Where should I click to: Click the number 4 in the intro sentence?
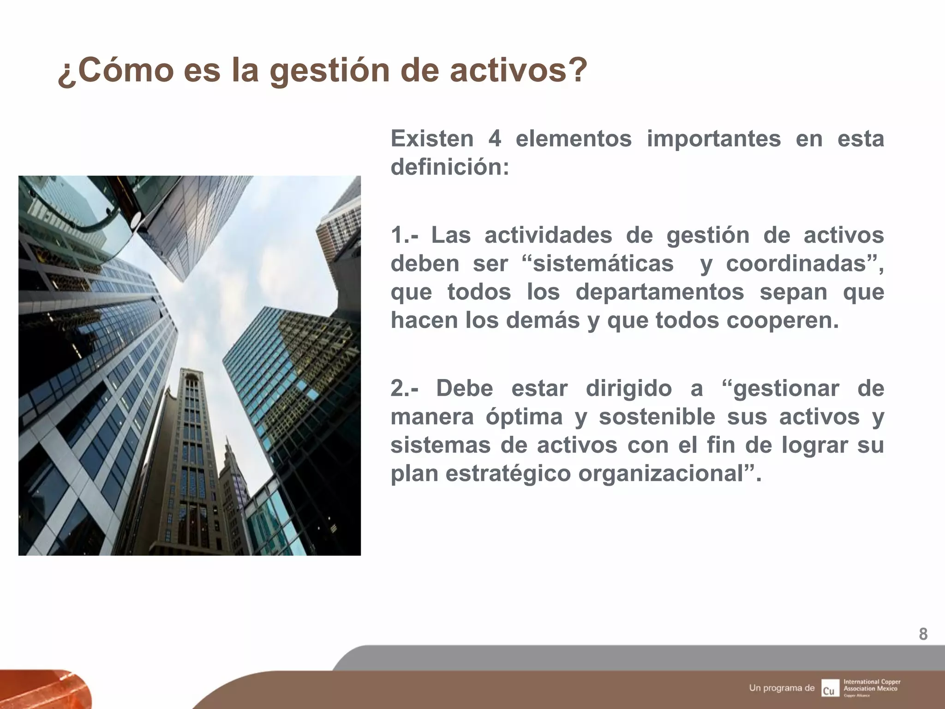click(495, 138)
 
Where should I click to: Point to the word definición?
click(450, 167)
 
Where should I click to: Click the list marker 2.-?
click(405, 388)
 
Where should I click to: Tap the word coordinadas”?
click(805, 264)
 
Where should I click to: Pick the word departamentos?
click(659, 292)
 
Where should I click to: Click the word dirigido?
click(628, 388)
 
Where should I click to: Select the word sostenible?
click(657, 416)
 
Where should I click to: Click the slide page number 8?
click(923, 634)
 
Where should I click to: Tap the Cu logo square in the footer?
click(829, 688)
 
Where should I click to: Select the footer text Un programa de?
click(782, 688)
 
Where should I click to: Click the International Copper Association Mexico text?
click(871, 685)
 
